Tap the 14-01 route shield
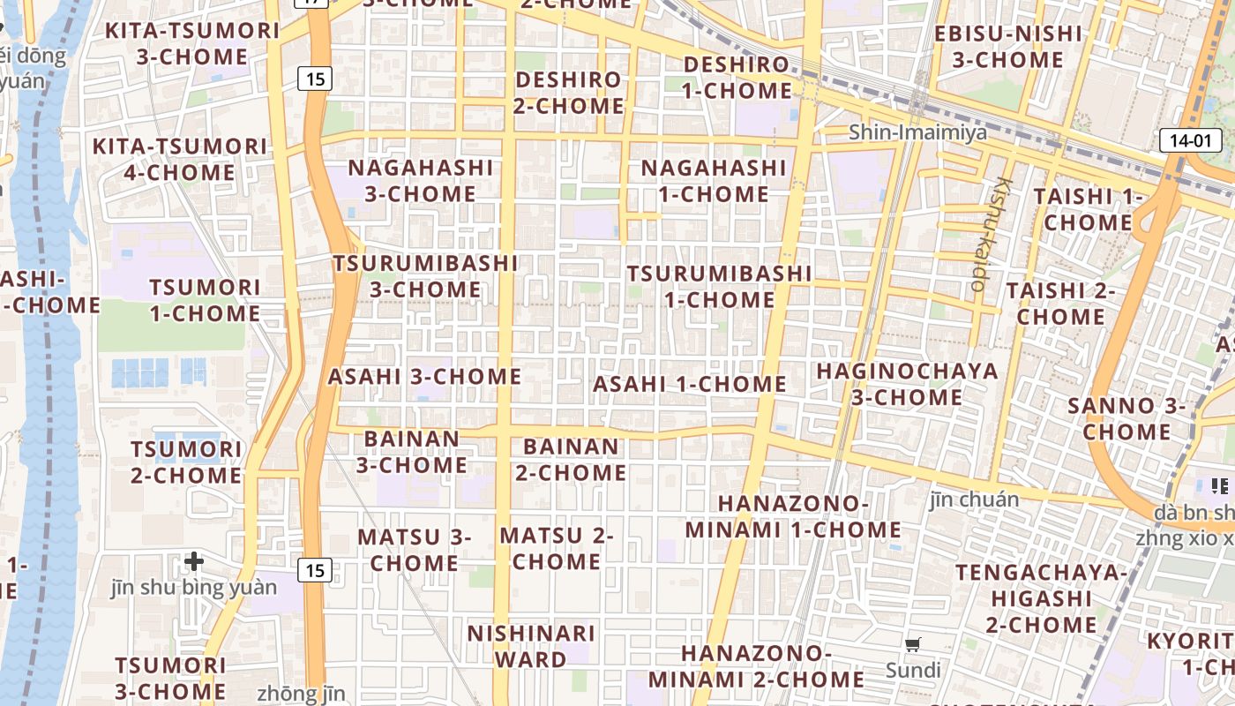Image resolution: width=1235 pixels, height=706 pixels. tap(1190, 139)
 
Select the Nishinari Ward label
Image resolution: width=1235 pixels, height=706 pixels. tap(531, 646)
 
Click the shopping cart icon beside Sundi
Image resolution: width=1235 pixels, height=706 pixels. tap(913, 644)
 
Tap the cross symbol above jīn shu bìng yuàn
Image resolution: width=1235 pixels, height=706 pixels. tap(194, 560)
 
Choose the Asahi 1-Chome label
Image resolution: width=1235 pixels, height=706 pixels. tap(690, 384)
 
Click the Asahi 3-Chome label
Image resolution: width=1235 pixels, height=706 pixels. tap(424, 377)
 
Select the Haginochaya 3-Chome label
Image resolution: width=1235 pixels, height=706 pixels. tap(907, 384)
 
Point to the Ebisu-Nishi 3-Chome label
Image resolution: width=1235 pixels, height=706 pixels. tap(1007, 47)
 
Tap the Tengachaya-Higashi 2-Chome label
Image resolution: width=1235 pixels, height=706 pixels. tap(1041, 598)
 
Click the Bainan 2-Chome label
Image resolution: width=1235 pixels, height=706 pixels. tap(571, 460)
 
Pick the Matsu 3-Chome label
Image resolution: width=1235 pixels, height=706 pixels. tap(415, 550)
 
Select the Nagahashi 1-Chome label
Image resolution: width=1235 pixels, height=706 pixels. tap(713, 180)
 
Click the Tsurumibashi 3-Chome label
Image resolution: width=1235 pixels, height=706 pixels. tap(426, 276)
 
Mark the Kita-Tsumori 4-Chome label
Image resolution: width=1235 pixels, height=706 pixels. tap(180, 159)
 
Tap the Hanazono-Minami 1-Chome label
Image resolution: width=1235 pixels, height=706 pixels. tap(793, 516)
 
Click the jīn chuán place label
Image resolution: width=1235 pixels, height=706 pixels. tap(974, 499)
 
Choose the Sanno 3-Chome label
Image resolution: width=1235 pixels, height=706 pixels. tap(1126, 419)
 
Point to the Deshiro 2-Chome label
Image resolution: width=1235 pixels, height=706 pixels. tap(569, 93)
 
